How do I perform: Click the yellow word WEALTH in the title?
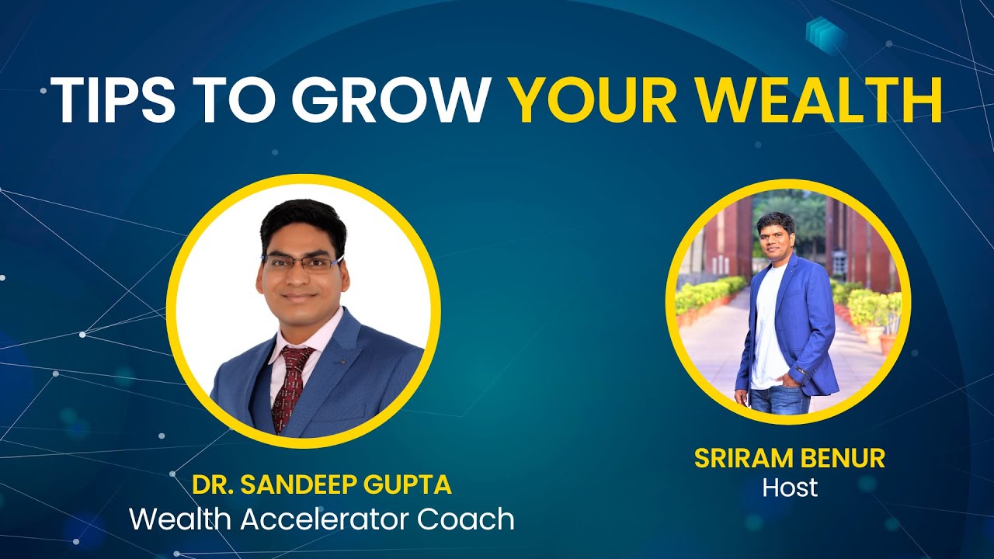click(x=823, y=101)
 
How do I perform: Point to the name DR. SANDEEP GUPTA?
click(x=321, y=484)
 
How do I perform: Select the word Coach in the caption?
click(x=466, y=519)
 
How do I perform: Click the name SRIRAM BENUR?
click(x=790, y=459)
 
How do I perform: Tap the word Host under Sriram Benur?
click(x=790, y=488)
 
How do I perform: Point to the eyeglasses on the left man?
click(x=301, y=262)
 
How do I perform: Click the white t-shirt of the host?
click(x=769, y=326)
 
